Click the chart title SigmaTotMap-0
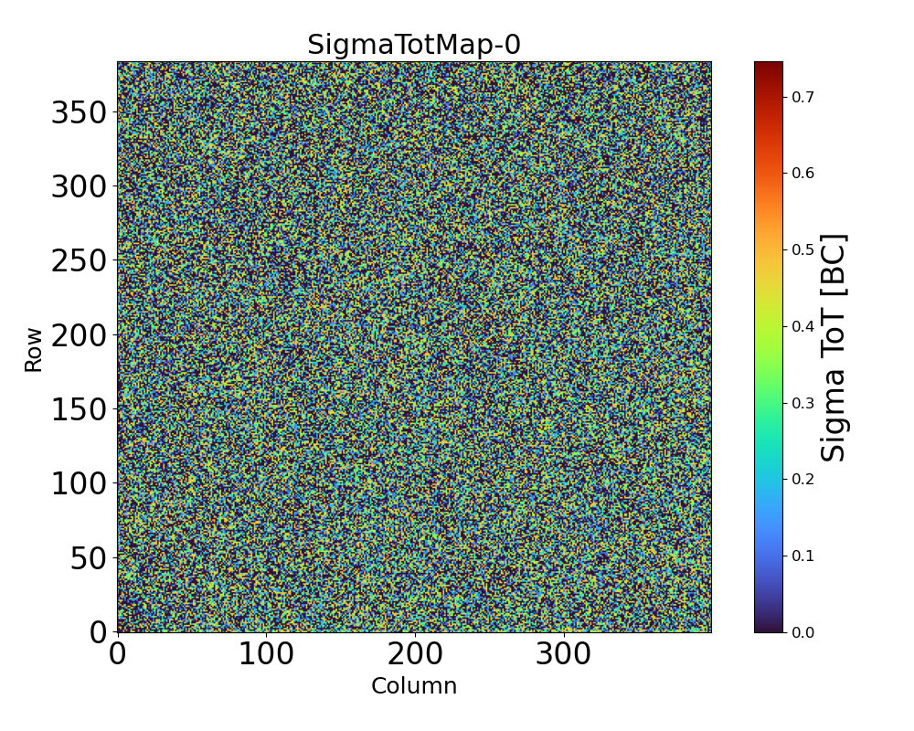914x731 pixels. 414,45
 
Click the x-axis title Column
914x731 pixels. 414,686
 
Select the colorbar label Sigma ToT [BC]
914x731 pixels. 834,347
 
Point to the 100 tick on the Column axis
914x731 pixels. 266,654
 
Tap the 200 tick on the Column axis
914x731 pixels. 415,654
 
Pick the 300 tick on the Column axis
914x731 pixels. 564,654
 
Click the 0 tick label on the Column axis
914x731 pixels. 118,654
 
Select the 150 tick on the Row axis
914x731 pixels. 79,408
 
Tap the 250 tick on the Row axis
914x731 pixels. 79,260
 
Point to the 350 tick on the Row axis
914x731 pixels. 79,112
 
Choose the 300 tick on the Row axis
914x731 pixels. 79,186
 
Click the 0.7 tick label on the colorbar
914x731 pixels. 803,97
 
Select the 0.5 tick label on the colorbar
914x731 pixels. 803,249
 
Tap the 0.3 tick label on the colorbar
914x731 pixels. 803,403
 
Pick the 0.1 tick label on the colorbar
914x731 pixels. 803,556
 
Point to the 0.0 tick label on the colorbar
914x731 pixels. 803,632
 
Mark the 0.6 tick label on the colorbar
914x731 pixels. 803,174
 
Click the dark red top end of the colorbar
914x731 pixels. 769,66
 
